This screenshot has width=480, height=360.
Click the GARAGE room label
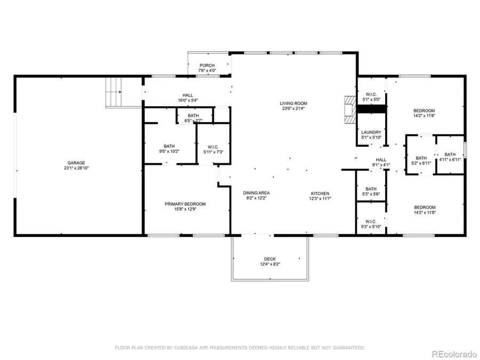point(76,163)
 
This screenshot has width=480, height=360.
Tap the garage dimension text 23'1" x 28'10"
point(76,169)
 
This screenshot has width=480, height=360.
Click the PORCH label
point(207,66)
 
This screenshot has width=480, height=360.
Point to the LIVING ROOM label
point(294,103)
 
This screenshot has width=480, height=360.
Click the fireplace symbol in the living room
point(350,110)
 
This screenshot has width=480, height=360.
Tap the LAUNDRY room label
point(371,132)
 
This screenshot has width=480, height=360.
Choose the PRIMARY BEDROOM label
point(185,204)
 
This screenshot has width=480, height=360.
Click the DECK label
point(270,259)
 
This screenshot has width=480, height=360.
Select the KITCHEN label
point(321,193)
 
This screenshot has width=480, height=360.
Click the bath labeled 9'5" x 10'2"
point(169,148)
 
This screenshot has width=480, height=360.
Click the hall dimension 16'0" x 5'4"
point(187,100)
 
